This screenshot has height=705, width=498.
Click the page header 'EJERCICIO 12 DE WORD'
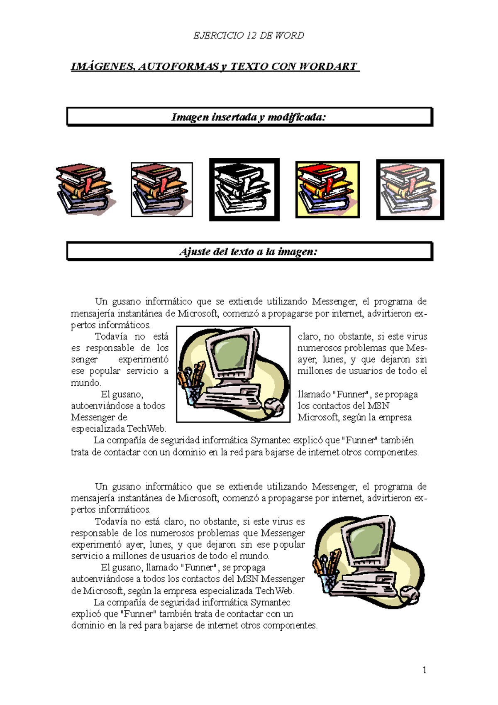(x=249, y=35)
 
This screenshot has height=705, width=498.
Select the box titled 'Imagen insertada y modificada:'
(x=249, y=117)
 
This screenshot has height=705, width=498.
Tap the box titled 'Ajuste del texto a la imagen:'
(x=249, y=252)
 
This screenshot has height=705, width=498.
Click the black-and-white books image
(x=244, y=189)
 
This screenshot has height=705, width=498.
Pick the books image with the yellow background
(x=327, y=189)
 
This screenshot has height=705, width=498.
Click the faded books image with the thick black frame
(x=410, y=189)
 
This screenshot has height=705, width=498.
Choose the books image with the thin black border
(x=161, y=189)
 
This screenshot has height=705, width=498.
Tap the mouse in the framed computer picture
(x=273, y=405)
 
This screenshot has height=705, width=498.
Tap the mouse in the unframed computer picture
(x=410, y=595)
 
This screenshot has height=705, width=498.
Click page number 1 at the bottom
(x=424, y=670)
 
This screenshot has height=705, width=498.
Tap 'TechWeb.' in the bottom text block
(x=275, y=590)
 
